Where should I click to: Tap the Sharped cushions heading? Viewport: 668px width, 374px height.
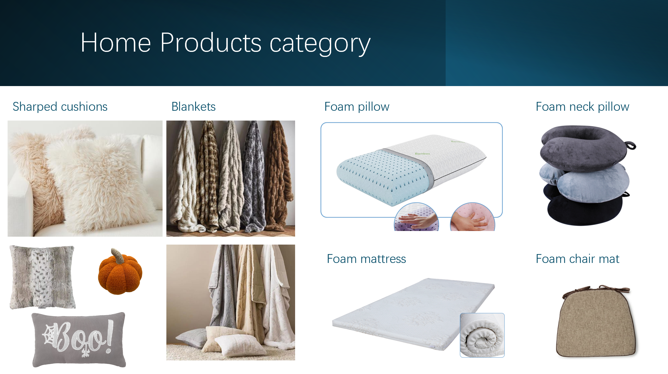click(x=60, y=107)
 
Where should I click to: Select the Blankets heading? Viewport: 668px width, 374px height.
click(x=193, y=107)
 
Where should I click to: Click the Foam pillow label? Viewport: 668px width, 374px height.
click(x=357, y=107)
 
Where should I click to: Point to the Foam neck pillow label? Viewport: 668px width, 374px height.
click(x=582, y=107)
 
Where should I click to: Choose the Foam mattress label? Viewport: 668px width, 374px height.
click(x=366, y=259)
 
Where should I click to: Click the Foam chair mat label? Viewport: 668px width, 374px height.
click(x=577, y=259)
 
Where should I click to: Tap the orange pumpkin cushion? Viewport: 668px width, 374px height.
click(x=120, y=275)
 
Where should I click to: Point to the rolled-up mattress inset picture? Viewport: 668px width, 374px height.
click(x=482, y=335)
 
